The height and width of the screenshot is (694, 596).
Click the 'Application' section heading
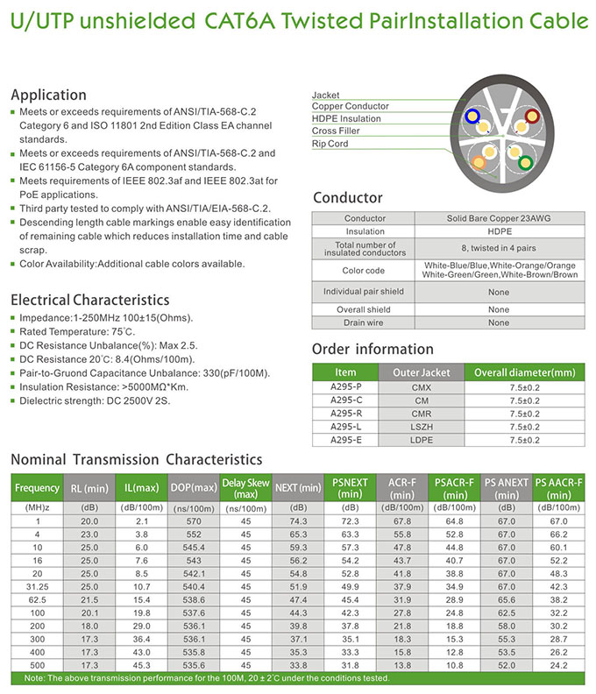[47, 95]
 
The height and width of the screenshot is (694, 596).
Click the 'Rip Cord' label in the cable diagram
[330, 144]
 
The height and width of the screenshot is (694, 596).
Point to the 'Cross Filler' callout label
[335, 131]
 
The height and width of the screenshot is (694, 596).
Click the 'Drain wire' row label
[364, 322]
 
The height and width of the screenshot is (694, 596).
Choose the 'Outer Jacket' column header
[427, 372]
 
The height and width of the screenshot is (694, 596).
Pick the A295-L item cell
[345, 427]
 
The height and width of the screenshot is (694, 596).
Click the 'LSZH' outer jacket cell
[427, 427]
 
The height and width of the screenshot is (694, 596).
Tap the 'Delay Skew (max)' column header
[245, 487]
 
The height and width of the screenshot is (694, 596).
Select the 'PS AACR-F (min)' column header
[559, 487]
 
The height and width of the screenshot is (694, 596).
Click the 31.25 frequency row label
[37, 585]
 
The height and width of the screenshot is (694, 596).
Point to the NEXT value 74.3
[297, 521]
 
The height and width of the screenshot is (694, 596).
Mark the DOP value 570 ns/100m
[194, 521]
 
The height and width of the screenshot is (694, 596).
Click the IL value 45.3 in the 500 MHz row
[141, 664]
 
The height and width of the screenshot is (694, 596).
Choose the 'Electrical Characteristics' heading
[89, 300]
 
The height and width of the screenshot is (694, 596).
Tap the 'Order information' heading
[372, 349]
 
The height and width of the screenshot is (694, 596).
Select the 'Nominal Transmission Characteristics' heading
[136, 459]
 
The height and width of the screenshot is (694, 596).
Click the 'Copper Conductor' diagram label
[350, 107]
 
